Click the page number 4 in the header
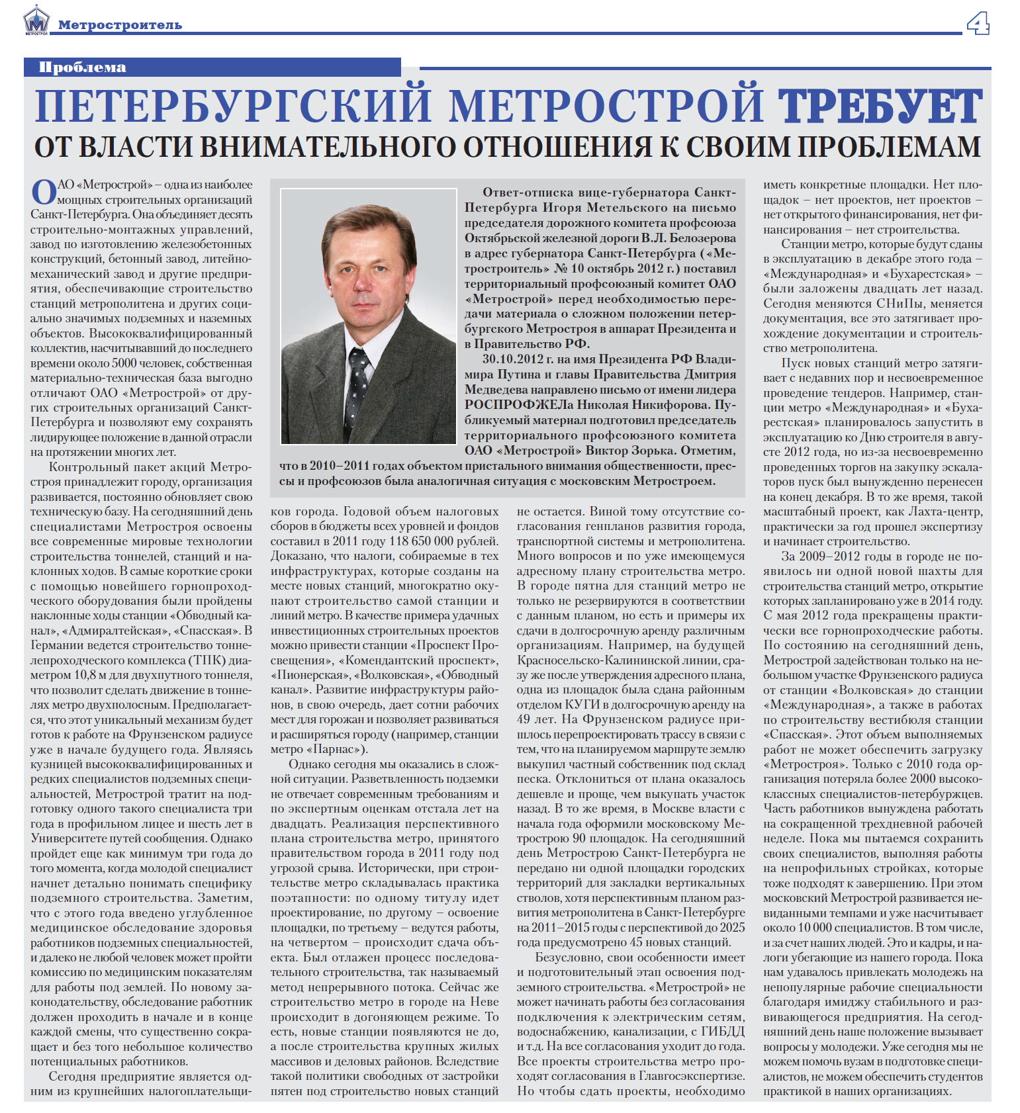click(x=978, y=24)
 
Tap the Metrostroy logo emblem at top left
click(x=36, y=21)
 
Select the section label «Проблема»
click(x=82, y=67)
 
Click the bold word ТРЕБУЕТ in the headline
click(x=880, y=107)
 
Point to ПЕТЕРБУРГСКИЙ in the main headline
click(x=232, y=107)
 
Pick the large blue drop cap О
click(x=44, y=193)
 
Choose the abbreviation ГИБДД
click(x=722, y=1032)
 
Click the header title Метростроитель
click(x=120, y=25)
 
